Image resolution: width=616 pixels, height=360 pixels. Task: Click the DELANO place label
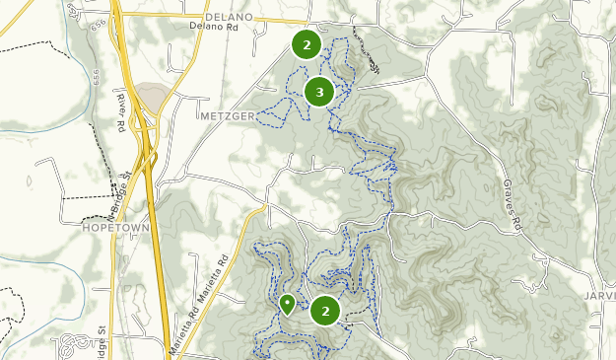click(230, 17)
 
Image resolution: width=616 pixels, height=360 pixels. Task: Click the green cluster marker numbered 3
click(318, 93)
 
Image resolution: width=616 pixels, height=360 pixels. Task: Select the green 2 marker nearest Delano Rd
click(307, 44)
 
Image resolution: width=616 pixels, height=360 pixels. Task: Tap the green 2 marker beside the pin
click(325, 312)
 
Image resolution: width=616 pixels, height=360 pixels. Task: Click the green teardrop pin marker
click(287, 304)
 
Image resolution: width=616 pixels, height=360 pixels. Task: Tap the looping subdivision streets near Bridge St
click(75, 344)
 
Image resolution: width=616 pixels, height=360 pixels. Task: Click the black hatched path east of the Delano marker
click(366, 54)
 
